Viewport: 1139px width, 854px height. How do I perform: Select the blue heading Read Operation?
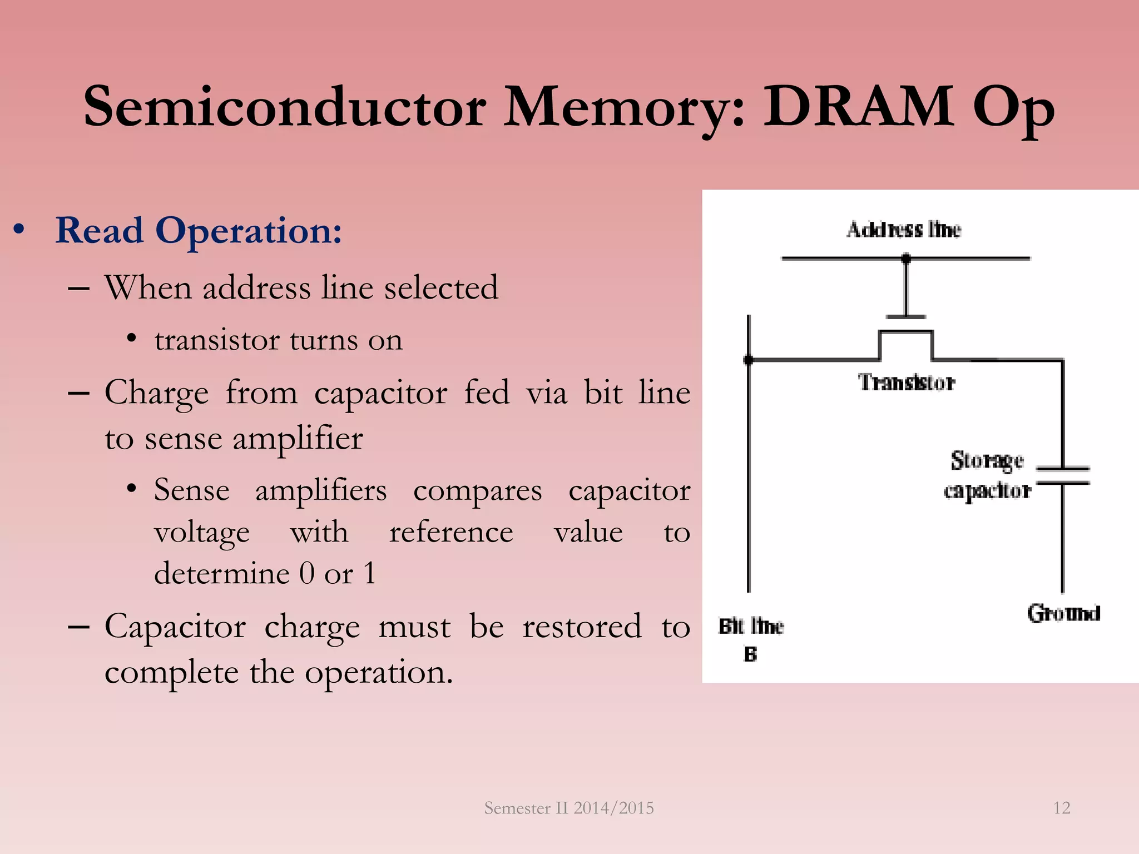[199, 231]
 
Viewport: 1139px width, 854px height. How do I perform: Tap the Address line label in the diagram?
[904, 230]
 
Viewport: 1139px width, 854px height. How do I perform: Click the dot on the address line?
[906, 259]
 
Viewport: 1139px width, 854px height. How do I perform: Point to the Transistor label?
[907, 383]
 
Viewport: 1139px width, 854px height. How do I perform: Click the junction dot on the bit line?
[749, 360]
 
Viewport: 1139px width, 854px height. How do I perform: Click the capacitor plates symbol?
[1063, 476]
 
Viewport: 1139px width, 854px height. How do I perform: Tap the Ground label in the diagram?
[1063, 613]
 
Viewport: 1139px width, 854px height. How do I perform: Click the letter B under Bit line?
[750, 654]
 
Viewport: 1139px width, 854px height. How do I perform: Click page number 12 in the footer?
[1062, 808]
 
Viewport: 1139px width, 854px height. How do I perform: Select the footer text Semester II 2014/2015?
[569, 808]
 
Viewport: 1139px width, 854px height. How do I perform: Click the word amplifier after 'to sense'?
[298, 439]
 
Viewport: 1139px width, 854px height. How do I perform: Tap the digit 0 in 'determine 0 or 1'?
[307, 573]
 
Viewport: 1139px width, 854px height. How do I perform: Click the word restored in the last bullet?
[582, 627]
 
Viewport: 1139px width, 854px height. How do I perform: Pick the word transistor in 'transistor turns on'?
[217, 340]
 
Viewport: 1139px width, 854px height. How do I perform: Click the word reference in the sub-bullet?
[451, 533]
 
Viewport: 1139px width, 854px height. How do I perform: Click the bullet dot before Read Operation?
[19, 230]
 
